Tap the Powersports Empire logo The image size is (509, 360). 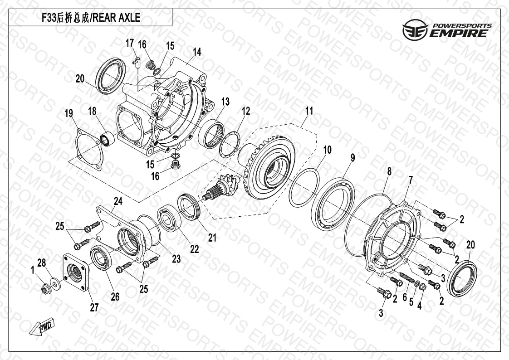click(x=447, y=30)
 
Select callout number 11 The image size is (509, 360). click(x=309, y=111)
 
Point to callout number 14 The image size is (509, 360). click(x=197, y=52)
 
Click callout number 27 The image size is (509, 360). click(x=94, y=307)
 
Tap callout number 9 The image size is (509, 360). click(x=352, y=158)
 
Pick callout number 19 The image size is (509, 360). click(x=69, y=113)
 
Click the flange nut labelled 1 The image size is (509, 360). click(x=45, y=287)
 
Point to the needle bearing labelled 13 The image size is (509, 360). click(x=212, y=133)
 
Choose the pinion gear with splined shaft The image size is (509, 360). click(x=222, y=186)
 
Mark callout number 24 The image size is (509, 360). click(x=118, y=201)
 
